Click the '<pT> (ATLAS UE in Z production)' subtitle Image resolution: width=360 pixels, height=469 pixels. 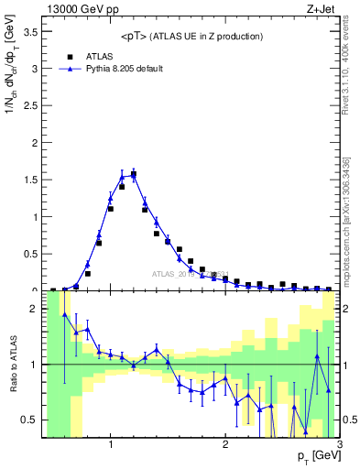coord(191,36)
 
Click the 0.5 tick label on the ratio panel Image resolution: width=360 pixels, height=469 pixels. coord(28,420)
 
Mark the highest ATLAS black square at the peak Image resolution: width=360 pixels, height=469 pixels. coord(134,174)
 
